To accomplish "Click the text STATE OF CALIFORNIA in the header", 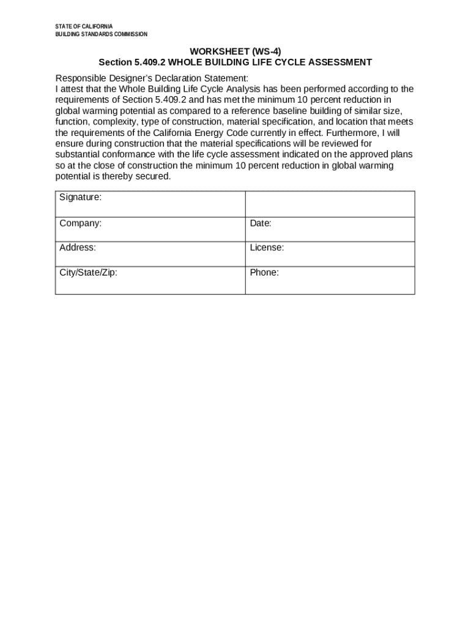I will click(x=84, y=26).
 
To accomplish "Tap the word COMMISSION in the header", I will click(x=129, y=34).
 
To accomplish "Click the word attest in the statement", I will click(x=75, y=89).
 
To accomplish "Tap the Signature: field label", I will click(x=81, y=197).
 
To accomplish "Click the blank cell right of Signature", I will click(x=330, y=204).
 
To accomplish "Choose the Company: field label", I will click(x=81, y=223).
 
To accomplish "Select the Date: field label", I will click(x=261, y=223).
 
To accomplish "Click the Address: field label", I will click(x=78, y=248).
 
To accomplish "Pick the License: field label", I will click(x=267, y=248).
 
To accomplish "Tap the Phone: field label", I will click(x=264, y=272).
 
